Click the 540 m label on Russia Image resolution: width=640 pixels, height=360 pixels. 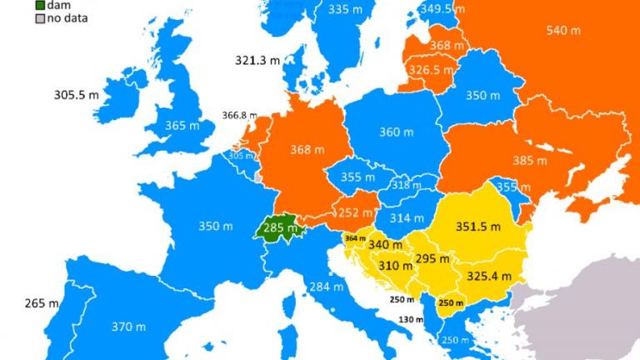click(x=562, y=31)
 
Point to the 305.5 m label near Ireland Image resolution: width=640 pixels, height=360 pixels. click(x=77, y=95)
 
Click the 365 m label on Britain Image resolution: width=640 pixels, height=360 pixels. click(x=182, y=125)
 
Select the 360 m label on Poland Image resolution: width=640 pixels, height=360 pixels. click(x=396, y=132)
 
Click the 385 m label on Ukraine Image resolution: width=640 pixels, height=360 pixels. click(x=529, y=160)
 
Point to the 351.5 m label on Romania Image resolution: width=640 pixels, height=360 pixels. click(x=478, y=226)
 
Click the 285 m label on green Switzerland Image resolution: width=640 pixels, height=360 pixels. click(x=280, y=227)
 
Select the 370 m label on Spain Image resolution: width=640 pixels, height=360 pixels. click(x=127, y=327)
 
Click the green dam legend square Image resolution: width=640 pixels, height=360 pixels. click(x=40, y=5)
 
